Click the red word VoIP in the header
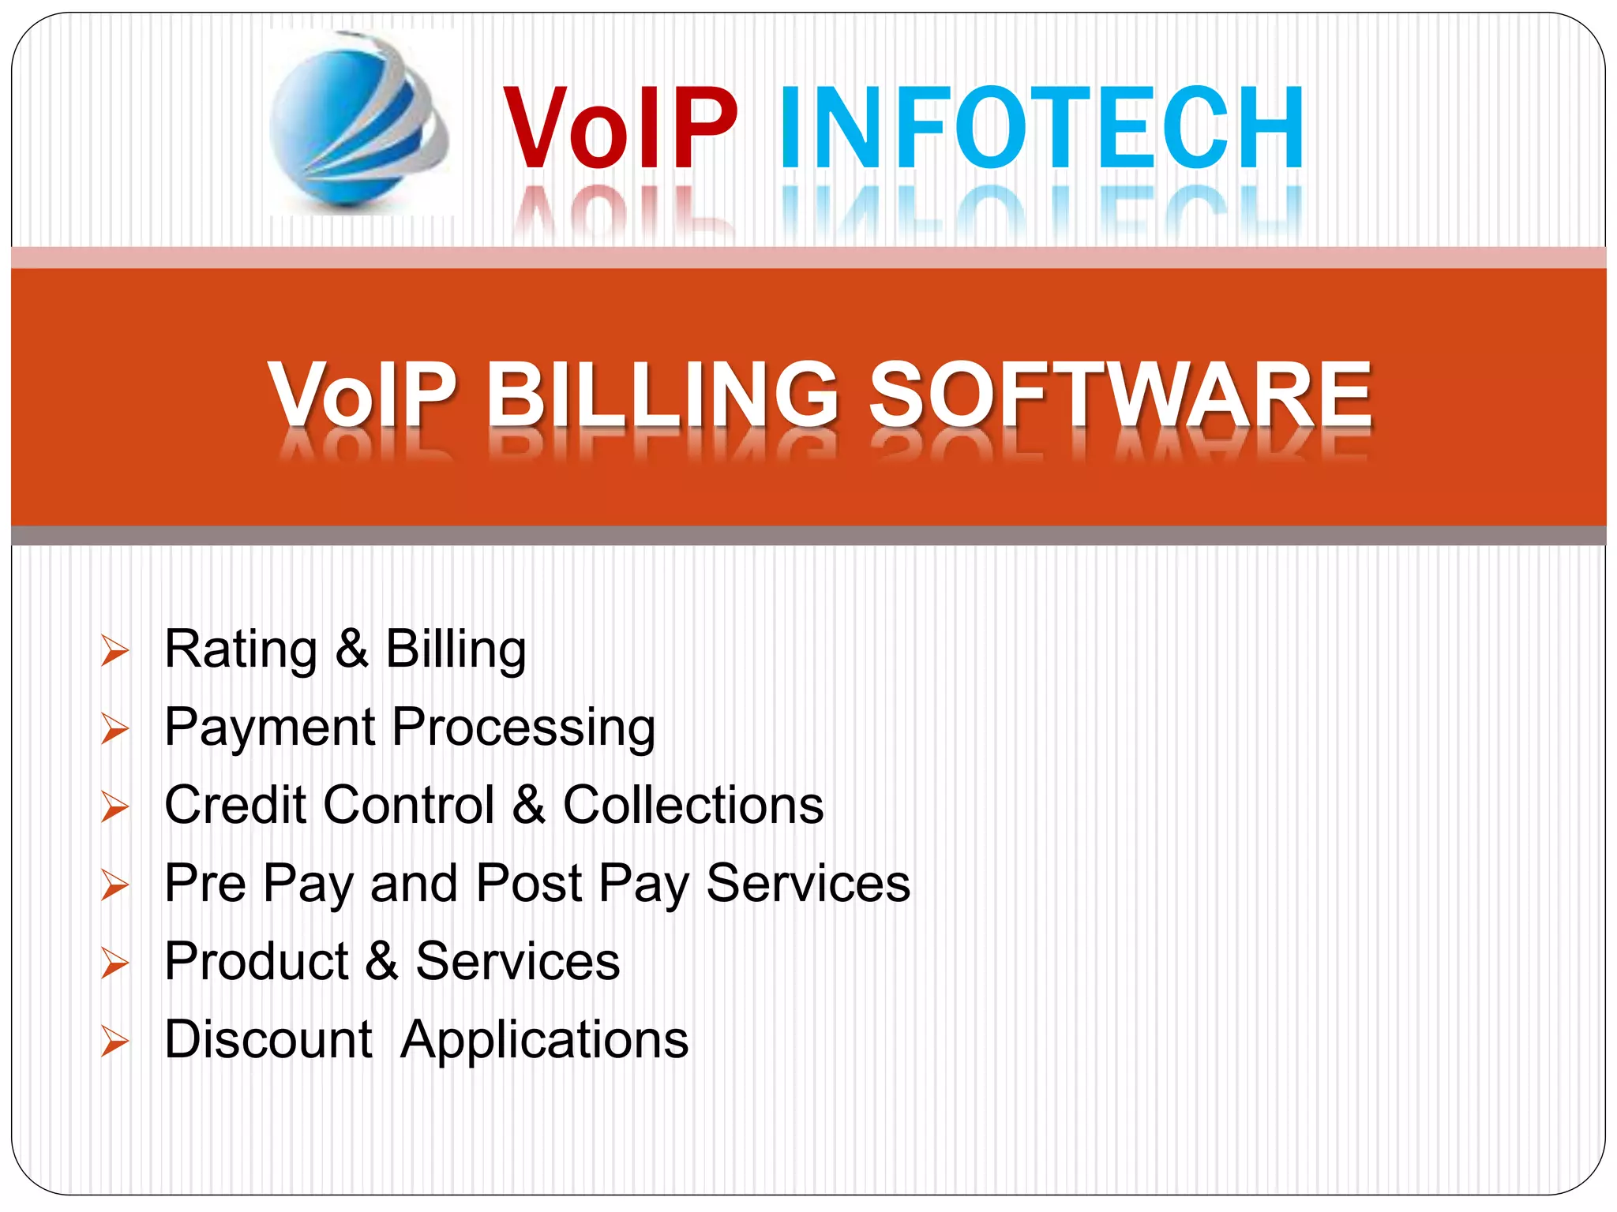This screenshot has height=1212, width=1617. pos(620,128)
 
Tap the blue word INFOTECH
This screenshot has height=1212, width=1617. pos(1041,128)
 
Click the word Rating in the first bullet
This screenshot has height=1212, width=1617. pos(240,650)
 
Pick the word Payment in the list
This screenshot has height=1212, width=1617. pos(269,728)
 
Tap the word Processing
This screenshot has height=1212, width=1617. pos(523,728)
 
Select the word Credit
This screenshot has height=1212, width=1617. pos(235,805)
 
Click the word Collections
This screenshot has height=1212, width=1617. pos(692,805)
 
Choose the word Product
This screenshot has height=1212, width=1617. pos(257,961)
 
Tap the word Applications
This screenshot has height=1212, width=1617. pos(544,1040)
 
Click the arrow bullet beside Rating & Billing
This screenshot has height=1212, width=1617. pos(115,651)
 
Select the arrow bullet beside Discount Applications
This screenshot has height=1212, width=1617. pos(115,1042)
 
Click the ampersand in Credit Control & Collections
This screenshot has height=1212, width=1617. pos(528,805)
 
